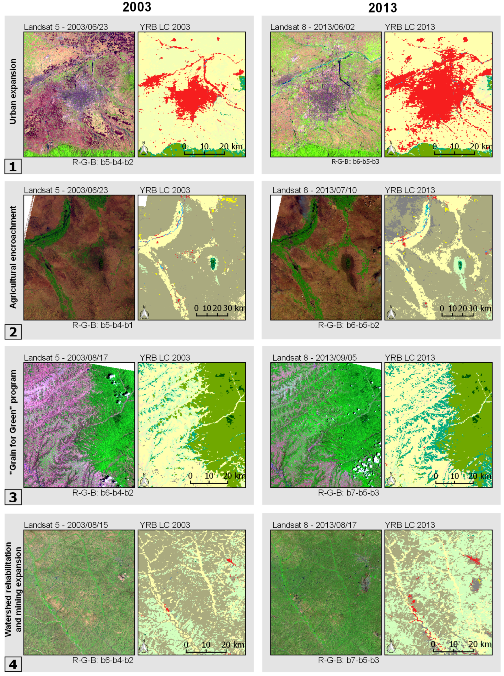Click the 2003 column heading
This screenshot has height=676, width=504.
point(137,7)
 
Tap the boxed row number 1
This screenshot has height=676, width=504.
point(13,166)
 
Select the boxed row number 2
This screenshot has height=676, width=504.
point(13,332)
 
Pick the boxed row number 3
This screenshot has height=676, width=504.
point(13,497)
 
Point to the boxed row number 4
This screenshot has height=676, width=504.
point(13,665)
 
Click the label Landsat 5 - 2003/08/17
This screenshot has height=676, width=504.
point(66,357)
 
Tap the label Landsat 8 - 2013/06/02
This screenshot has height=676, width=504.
point(312,27)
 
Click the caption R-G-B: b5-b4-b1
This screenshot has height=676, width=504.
point(102,325)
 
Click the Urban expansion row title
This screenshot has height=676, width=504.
point(13,91)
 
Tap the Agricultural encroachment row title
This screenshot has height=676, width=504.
point(13,257)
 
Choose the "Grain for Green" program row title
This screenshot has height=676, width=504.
point(13,422)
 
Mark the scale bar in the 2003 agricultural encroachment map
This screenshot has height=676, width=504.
point(212,314)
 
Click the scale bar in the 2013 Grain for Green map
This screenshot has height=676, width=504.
point(454,483)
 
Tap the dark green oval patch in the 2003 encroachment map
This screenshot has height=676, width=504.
point(213,262)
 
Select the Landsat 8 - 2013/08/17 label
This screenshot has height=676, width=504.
point(314,525)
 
